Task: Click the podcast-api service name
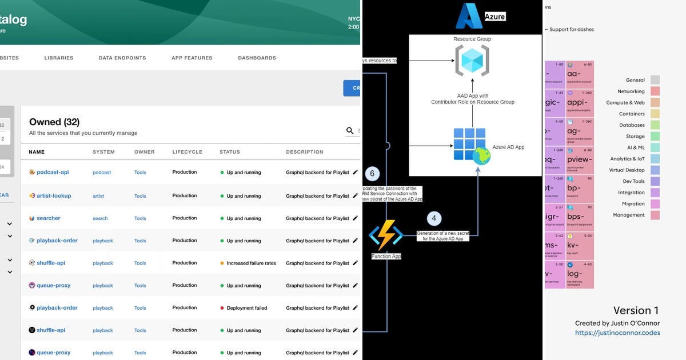coord(53,172)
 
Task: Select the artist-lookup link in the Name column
coord(54,195)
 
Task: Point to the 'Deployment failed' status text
coord(246,308)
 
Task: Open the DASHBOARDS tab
coord(257,58)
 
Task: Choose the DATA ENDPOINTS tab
coord(122,58)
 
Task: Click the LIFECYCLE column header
coord(188,152)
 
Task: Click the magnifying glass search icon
coord(350,131)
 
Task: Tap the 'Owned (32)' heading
coord(54,122)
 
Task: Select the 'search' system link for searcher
coord(100,218)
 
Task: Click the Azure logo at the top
coord(469,16)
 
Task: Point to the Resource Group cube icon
coord(472,60)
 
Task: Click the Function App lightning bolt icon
coord(386,235)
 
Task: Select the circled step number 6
coord(372,174)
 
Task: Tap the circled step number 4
coord(434,218)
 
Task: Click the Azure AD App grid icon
coord(469,144)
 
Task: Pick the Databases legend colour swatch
coord(655,125)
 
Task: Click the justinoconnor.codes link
coord(617,333)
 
